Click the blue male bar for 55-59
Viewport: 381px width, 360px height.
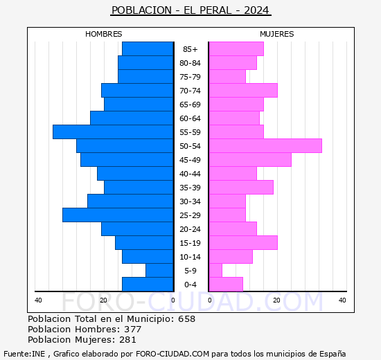113,132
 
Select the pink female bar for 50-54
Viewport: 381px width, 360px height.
265,145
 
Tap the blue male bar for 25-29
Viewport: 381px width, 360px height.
118,215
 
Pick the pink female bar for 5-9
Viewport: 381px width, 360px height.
215,270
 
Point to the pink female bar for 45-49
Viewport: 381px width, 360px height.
250,159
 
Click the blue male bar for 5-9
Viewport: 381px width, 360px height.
159,270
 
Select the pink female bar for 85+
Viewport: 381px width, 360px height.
236,48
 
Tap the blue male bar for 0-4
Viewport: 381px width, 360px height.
148,284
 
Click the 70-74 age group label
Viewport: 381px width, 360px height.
190,91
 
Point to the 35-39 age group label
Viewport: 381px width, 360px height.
190,188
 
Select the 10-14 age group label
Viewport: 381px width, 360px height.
190,257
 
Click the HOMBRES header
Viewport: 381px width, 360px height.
104,34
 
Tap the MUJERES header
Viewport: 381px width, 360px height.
277,34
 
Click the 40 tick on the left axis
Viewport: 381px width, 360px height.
38,300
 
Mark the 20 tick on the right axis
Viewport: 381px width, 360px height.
276,300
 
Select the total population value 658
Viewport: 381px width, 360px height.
186,319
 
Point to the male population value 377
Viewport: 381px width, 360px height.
132,330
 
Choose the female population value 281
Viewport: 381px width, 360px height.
130,340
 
